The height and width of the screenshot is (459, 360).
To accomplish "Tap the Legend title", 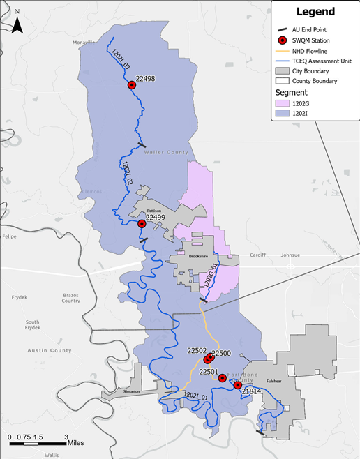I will click(x=315, y=12).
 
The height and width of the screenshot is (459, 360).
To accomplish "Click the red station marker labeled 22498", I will click(x=132, y=85).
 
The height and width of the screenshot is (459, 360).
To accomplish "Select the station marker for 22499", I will click(x=142, y=223).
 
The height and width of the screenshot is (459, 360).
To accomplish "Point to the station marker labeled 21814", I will click(x=237, y=385).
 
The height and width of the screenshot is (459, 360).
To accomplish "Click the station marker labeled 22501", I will click(x=222, y=378).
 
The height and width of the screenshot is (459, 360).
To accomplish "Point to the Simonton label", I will click(x=131, y=392).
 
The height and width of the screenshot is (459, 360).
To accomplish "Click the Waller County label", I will click(x=166, y=151).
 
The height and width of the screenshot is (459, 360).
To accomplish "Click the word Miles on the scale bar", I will click(x=76, y=442).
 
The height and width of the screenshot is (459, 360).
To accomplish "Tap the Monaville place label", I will click(x=83, y=43).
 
